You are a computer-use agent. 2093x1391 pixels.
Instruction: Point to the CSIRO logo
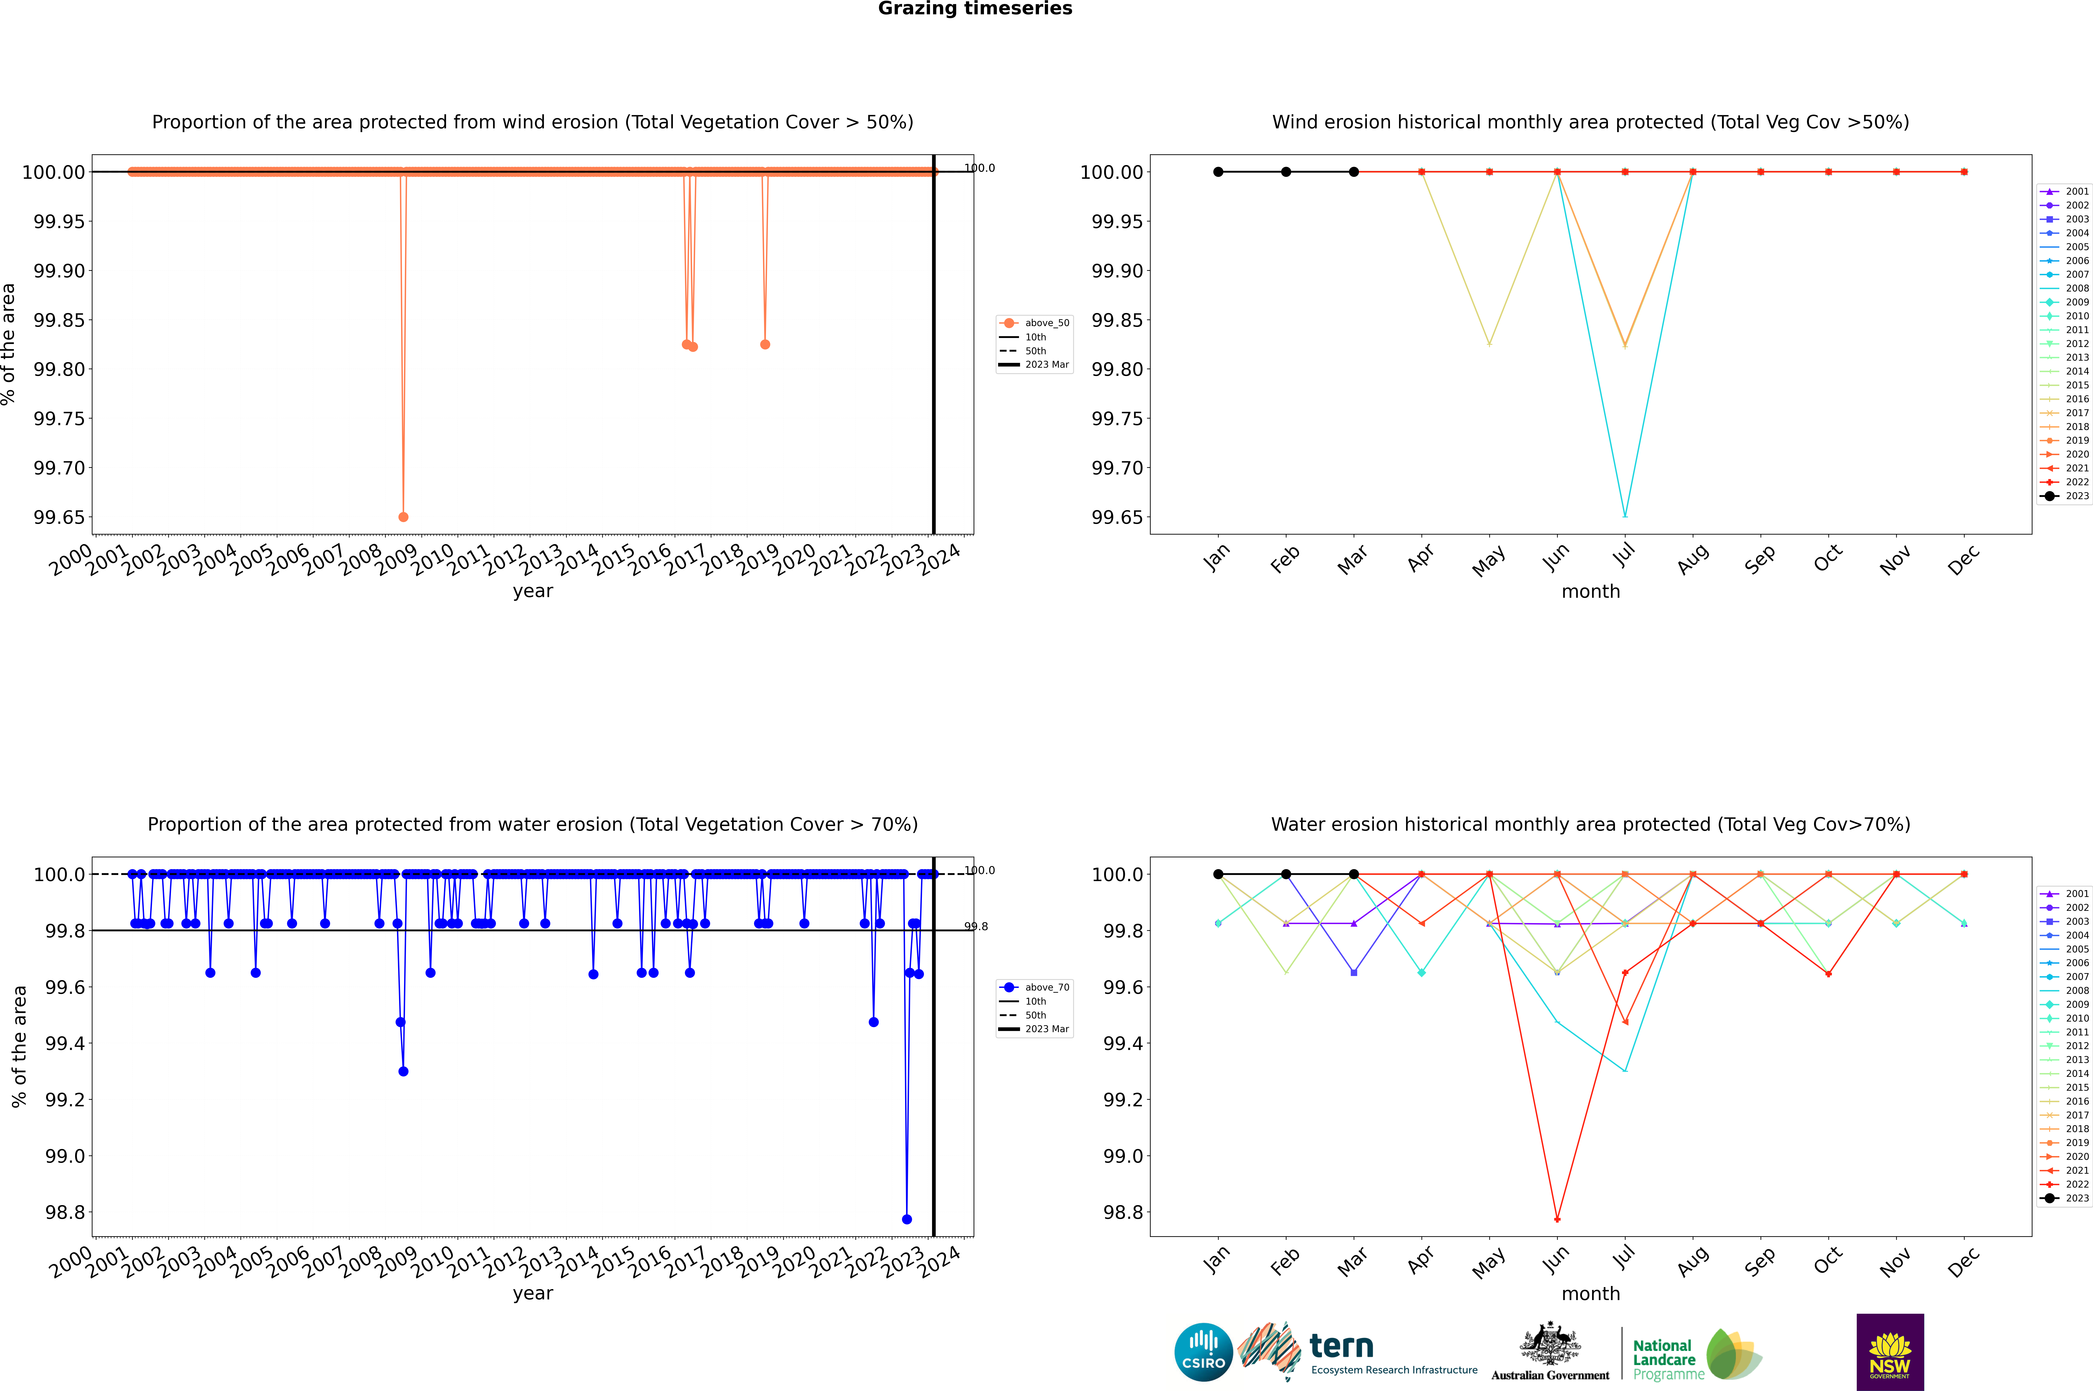click(1203, 1352)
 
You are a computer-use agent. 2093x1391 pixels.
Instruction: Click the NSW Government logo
click(1890, 1352)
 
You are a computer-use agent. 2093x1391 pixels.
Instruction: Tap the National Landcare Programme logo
click(1696, 1355)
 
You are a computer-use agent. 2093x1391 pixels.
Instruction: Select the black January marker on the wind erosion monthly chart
click(1218, 172)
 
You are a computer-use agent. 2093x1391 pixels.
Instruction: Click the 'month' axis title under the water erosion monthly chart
click(1590, 1293)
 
